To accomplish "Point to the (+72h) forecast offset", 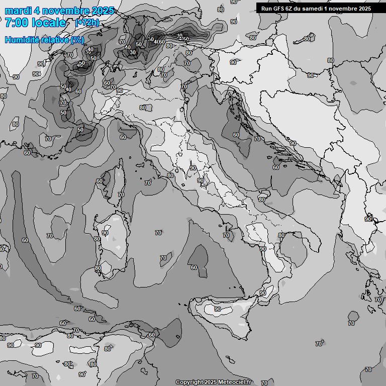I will click(x=87, y=23).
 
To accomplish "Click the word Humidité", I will click(x=21, y=40).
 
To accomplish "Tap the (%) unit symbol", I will click(x=77, y=40).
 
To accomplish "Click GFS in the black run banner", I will click(x=279, y=9).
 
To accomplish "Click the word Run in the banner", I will click(x=266, y=9).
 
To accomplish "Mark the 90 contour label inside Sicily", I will click(x=218, y=309).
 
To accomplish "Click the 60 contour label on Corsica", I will click(x=100, y=181).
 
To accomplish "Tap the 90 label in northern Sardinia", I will click(x=105, y=233).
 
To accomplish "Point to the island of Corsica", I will click(x=115, y=181).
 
